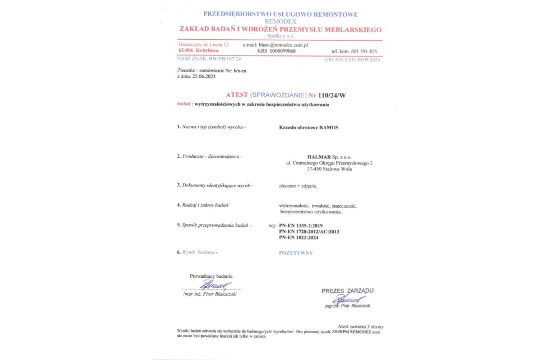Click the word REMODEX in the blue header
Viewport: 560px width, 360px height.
[x=281, y=21]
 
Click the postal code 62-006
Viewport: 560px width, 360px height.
[x=186, y=50]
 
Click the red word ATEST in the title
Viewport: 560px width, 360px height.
[x=237, y=95]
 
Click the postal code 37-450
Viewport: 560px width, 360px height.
[x=315, y=169]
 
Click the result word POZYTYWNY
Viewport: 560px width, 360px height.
[x=296, y=253]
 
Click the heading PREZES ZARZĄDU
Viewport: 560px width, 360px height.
[x=347, y=291]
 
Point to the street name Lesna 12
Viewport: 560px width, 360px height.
[x=218, y=44]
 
